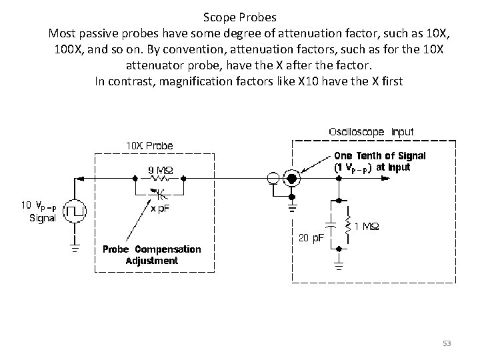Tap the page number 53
[x=447, y=343]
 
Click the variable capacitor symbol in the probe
[x=159, y=194]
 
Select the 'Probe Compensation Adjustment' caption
[x=151, y=255]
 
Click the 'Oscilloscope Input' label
[x=371, y=132]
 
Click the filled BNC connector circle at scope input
[x=291, y=179]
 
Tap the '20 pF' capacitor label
[x=309, y=237]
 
